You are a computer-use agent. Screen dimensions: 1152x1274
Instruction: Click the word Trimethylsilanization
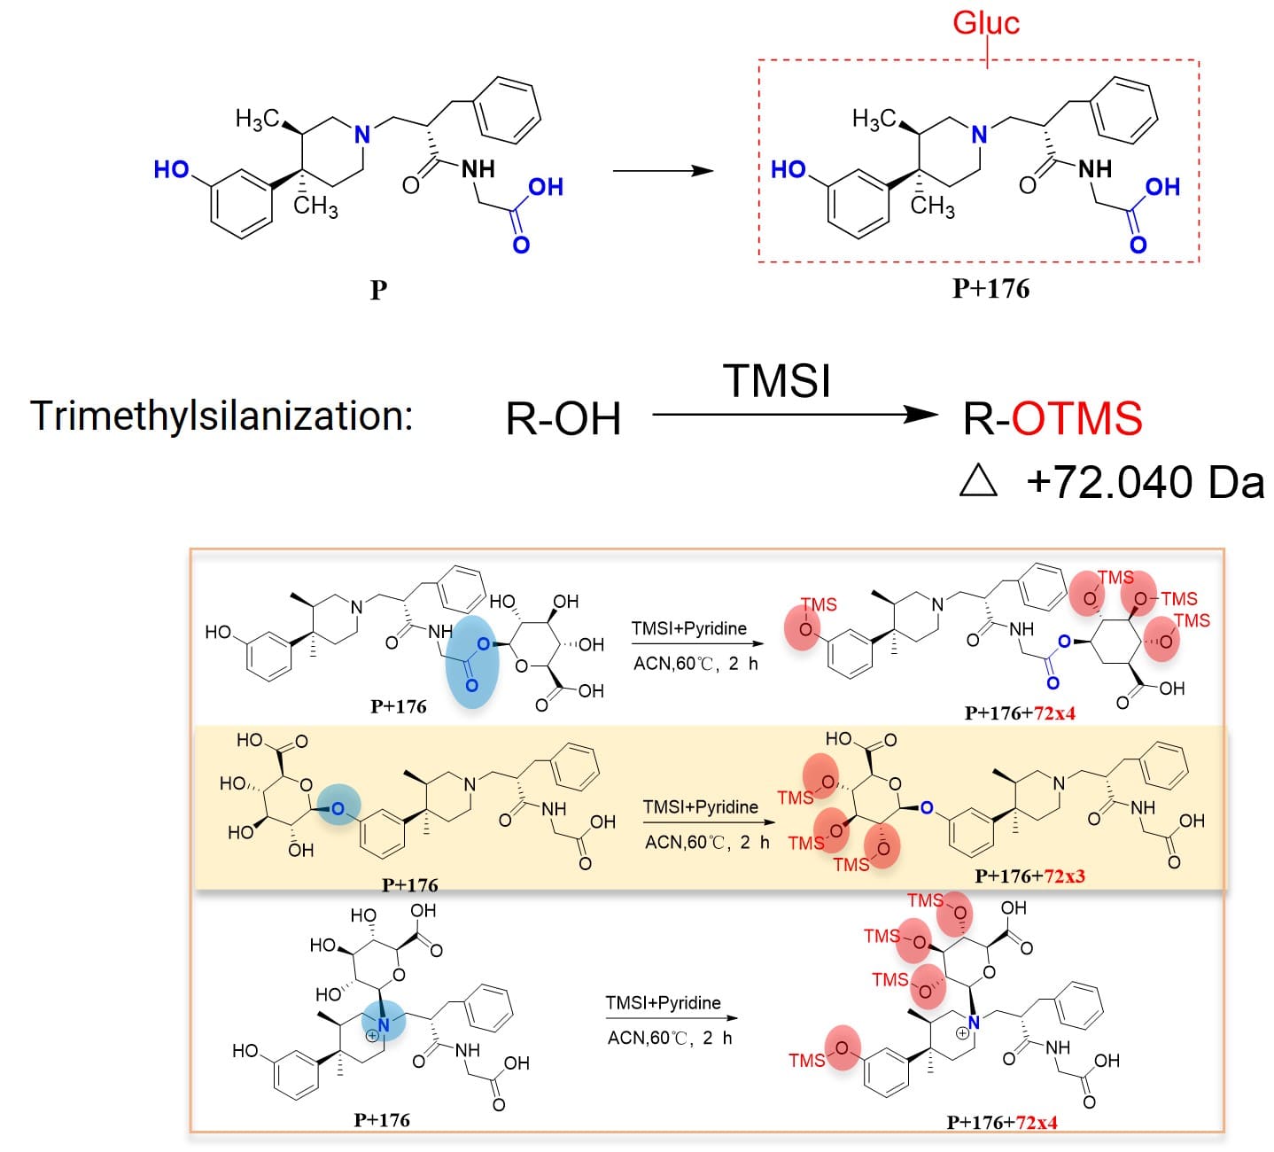pyautogui.click(x=221, y=416)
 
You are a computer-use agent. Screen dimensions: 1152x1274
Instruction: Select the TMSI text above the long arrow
pyautogui.click(x=777, y=381)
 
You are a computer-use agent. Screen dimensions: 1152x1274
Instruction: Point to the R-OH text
pyautogui.click(x=563, y=419)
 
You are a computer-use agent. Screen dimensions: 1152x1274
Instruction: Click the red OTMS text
pyautogui.click(x=1076, y=418)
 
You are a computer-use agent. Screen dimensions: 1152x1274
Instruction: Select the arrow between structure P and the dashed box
pyautogui.click(x=663, y=170)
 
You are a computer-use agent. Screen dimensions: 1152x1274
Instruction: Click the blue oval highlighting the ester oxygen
pyautogui.click(x=472, y=661)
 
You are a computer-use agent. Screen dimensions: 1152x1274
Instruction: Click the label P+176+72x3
pyautogui.click(x=1029, y=876)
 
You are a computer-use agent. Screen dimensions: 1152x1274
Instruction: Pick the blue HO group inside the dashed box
pyautogui.click(x=788, y=170)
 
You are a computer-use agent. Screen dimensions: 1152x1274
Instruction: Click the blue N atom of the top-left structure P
pyautogui.click(x=361, y=135)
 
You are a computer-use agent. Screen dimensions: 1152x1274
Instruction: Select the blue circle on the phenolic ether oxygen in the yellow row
pyautogui.click(x=338, y=807)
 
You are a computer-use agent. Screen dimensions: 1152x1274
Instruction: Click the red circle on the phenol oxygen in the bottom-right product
pyautogui.click(x=843, y=1048)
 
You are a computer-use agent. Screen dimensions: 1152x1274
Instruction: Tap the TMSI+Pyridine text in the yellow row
pyautogui.click(x=700, y=806)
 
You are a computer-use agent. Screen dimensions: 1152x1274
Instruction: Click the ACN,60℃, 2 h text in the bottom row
pyautogui.click(x=669, y=1038)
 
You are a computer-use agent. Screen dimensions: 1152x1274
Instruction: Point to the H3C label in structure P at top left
pyautogui.click(x=257, y=119)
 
